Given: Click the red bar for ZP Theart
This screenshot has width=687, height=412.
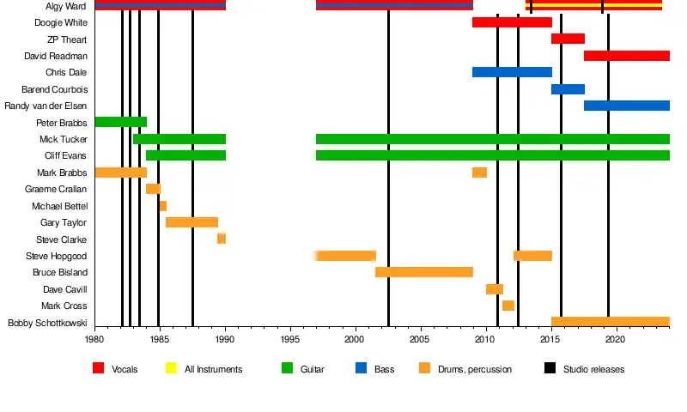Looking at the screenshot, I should point(568,39).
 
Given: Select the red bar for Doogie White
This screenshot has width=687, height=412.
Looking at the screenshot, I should point(512,22).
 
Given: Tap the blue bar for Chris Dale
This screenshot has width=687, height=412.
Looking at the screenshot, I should point(512,72).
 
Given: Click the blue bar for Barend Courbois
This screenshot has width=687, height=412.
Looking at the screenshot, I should point(568,89).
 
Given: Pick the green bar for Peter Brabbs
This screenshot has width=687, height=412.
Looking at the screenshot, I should point(120,122).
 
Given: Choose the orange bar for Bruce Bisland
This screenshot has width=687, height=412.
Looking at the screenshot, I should point(424,272).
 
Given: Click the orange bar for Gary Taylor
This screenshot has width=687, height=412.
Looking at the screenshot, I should point(192,222).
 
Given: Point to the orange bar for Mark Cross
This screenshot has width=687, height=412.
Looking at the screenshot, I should point(508,306).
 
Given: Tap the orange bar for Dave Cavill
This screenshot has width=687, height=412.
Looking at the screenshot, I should point(495,289).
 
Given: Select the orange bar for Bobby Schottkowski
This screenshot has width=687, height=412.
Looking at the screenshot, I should point(610,322).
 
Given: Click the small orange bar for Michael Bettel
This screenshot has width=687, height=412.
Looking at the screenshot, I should point(162,206).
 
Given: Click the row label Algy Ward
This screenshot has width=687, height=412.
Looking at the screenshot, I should point(65,6).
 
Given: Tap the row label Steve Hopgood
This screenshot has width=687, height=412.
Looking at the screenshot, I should point(56,256).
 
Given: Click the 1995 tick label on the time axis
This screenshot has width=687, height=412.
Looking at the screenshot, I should point(290,340).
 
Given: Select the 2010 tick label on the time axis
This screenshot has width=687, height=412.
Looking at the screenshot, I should point(486,340).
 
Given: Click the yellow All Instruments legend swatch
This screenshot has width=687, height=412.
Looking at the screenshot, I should point(170,368).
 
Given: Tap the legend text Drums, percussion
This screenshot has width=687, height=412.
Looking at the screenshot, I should point(474,369).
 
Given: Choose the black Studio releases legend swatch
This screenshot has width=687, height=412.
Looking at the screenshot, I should point(550,368).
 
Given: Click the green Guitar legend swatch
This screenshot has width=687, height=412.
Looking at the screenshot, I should point(287,368).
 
